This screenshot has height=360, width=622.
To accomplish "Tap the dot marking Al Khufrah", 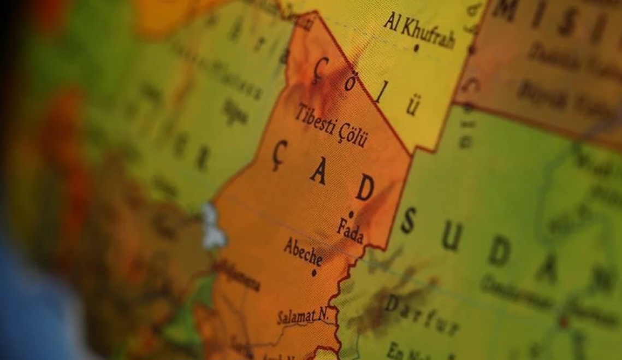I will pos(416,48).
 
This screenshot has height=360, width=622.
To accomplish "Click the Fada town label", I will pos(350,229).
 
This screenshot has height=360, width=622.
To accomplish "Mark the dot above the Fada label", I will pos(352,214).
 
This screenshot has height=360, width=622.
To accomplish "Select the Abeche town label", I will pos(302,252).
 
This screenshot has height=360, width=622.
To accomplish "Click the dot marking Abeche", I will pos(314,272).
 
